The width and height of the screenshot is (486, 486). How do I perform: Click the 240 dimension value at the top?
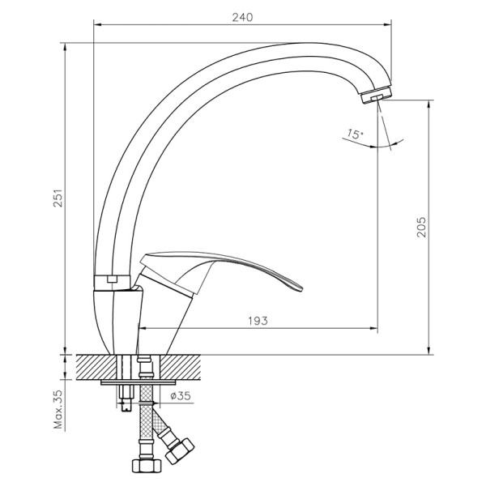(x=242, y=17)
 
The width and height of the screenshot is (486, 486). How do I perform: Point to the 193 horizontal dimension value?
(x=258, y=321)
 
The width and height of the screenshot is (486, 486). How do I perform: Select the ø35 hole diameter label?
(x=181, y=396)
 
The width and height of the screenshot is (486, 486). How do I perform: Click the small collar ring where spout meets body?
(x=113, y=280)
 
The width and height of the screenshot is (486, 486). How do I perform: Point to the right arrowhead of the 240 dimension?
(x=389, y=24)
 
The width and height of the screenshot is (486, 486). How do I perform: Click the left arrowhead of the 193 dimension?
(x=143, y=328)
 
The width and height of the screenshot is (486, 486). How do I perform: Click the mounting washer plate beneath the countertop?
(x=138, y=382)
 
